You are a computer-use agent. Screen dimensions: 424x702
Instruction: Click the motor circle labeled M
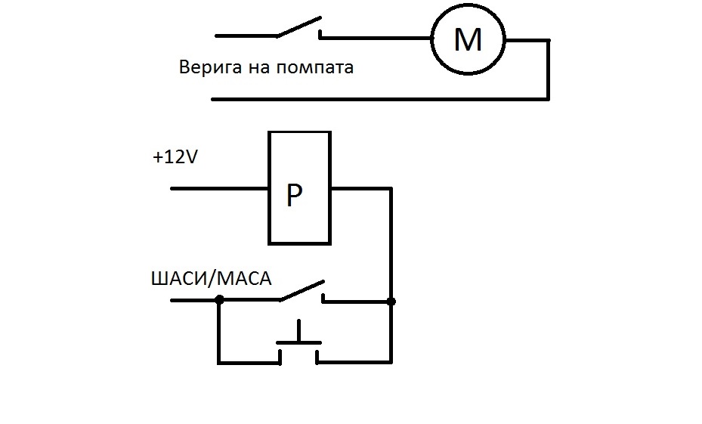pos(468,39)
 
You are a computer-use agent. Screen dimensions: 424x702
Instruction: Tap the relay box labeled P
pos(299,187)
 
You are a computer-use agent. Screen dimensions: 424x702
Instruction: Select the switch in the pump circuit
pos(298,29)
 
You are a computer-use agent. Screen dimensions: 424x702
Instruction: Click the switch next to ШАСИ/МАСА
pos(302,291)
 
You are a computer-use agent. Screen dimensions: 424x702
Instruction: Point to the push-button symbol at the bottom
pos(299,344)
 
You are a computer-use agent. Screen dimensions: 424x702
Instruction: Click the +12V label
pos(175,159)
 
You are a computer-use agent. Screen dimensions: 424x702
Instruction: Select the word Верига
pos(210,68)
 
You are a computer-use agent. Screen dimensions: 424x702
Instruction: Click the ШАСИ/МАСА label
pos(212,280)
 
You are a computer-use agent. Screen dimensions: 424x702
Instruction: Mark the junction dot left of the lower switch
pos(218,300)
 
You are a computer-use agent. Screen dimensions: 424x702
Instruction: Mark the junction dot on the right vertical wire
pos(391,302)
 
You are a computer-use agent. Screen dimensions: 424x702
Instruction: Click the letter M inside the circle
pos(468,39)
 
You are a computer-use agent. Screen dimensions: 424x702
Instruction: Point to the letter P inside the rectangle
pos(294,197)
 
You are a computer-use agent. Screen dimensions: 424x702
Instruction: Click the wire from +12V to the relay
pos(219,188)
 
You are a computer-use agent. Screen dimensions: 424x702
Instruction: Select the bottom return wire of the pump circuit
pos(378,98)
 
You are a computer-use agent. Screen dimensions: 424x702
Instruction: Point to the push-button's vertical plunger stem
pos(299,332)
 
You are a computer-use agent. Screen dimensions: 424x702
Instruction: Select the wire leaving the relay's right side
pos(360,188)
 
